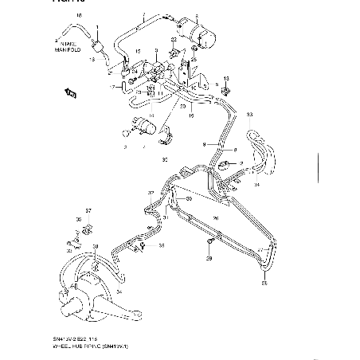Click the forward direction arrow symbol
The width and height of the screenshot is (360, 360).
(x=70, y=94)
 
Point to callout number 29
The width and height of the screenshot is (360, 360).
(x=209, y=259)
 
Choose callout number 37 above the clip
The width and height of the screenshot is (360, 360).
(x=88, y=211)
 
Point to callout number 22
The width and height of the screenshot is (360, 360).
(x=173, y=40)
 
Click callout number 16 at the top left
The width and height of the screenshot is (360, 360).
(x=78, y=15)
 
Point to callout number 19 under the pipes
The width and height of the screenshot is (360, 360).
(x=190, y=115)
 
